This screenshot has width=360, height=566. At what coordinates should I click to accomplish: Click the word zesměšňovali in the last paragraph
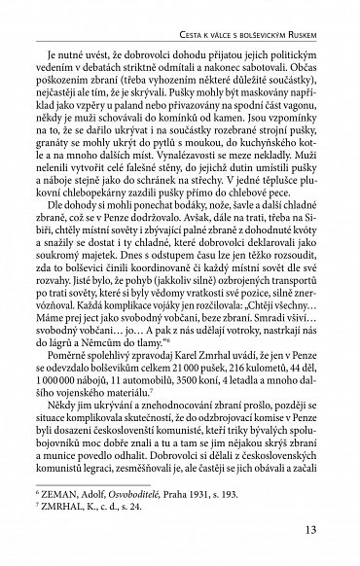[x=171, y=471]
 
